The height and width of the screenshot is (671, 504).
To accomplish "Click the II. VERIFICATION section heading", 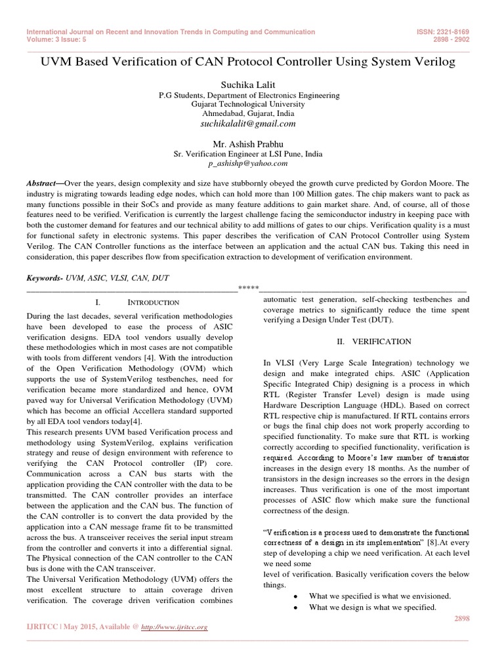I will pyautogui.click(x=373, y=341).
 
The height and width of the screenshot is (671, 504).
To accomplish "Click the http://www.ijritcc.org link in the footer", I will pyautogui.click(x=175, y=627).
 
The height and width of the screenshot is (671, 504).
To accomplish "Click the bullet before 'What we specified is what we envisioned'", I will pyautogui.click(x=296, y=596).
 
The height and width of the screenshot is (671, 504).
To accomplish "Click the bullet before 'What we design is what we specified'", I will pyautogui.click(x=296, y=607).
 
